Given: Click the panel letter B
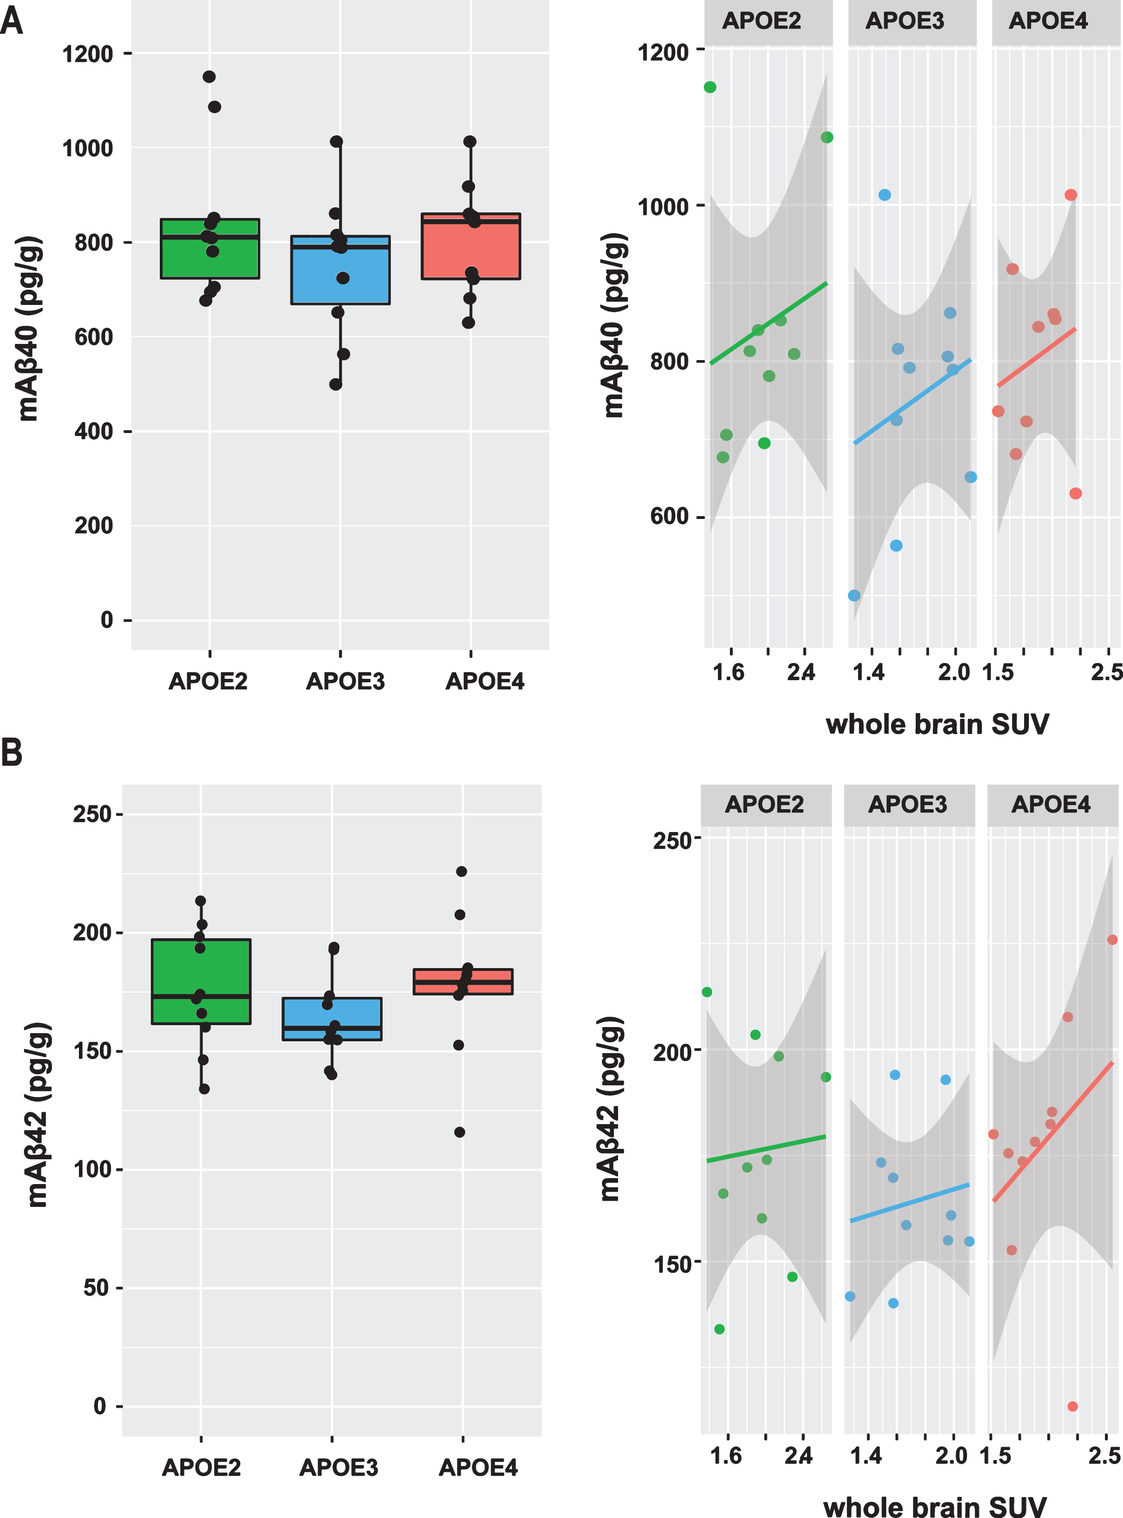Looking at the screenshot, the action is (11, 753).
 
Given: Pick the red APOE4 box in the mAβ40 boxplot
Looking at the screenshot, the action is (471, 246).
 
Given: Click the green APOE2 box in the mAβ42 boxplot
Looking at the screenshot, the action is (201, 981).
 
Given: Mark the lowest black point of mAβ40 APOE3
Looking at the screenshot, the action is (336, 384).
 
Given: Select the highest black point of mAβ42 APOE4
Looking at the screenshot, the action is (462, 871).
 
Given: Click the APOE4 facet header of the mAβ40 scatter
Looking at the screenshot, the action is (1048, 21).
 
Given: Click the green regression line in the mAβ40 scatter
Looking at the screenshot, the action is (769, 323).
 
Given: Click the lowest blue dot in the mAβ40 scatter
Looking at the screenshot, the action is (854, 596).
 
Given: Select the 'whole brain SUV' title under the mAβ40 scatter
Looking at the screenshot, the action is (938, 725).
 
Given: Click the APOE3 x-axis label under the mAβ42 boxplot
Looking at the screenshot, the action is (339, 1468).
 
